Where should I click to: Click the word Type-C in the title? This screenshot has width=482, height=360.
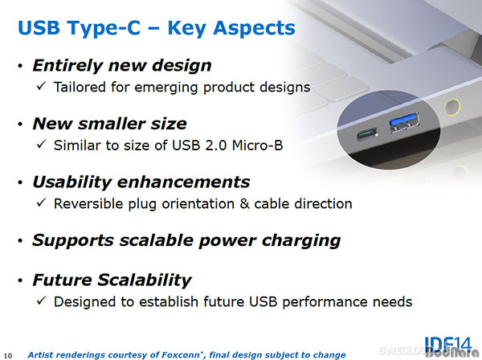click(x=104, y=28)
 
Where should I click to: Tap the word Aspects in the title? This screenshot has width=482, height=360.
click(x=254, y=28)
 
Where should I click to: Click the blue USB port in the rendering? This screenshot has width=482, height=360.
click(x=404, y=122)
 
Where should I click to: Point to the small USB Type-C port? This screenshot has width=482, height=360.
click(x=367, y=134)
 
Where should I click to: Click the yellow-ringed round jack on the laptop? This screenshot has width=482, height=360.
click(x=452, y=108)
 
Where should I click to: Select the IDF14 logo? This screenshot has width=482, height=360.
click(x=448, y=344)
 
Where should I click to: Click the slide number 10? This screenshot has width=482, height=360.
click(x=8, y=356)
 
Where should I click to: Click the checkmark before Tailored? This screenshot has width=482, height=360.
click(x=41, y=86)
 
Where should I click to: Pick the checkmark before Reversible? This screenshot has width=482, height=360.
click(x=41, y=202)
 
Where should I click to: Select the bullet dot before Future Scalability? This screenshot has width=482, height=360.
click(x=20, y=280)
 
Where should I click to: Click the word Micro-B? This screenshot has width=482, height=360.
click(x=257, y=145)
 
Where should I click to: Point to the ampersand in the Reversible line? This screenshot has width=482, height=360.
click(x=244, y=204)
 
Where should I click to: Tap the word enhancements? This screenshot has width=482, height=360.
click(x=183, y=182)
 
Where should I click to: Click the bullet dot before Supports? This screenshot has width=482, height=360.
click(x=20, y=240)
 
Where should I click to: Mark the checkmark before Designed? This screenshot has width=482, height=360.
click(x=41, y=301)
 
